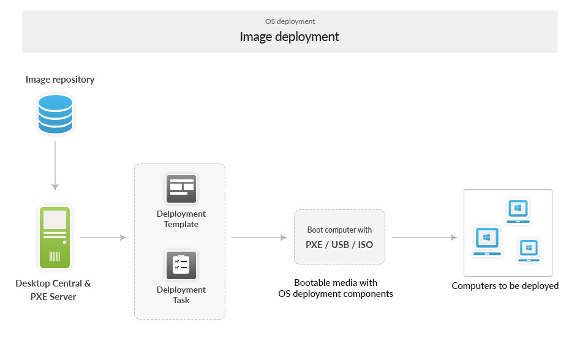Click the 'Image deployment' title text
tap(289, 37)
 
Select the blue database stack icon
tap(55, 113)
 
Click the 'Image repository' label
tap(60, 80)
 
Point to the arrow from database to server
tap(55, 165)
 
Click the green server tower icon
tap(55, 238)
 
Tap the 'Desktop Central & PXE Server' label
tap(53, 289)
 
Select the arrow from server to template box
tap(102, 238)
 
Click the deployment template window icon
tap(181, 189)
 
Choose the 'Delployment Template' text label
tap(181, 219)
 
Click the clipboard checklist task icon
tap(181, 265)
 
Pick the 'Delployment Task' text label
tap(181, 295)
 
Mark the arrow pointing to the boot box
tap(258, 238)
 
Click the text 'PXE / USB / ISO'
tap(339, 244)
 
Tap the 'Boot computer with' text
tap(339, 230)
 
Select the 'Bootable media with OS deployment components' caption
tap(336, 288)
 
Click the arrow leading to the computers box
tap(425, 238)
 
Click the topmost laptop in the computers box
tap(518, 211)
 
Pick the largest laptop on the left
tap(487, 241)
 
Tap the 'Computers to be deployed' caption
tap(505, 286)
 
